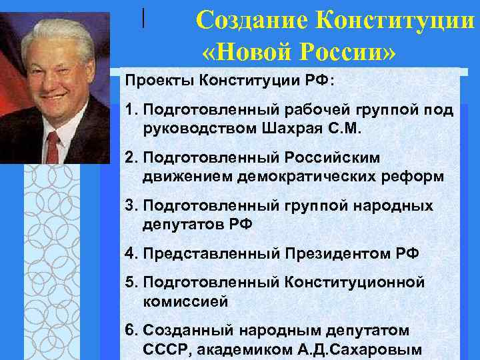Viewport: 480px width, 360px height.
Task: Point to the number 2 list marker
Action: pyautogui.click(x=129, y=158)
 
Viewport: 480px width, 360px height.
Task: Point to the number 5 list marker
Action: pyautogui.click(x=129, y=283)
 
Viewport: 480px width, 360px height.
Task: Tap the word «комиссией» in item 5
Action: pyautogui.click(x=185, y=301)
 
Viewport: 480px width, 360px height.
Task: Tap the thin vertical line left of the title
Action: pyautogui.click(x=143, y=17)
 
